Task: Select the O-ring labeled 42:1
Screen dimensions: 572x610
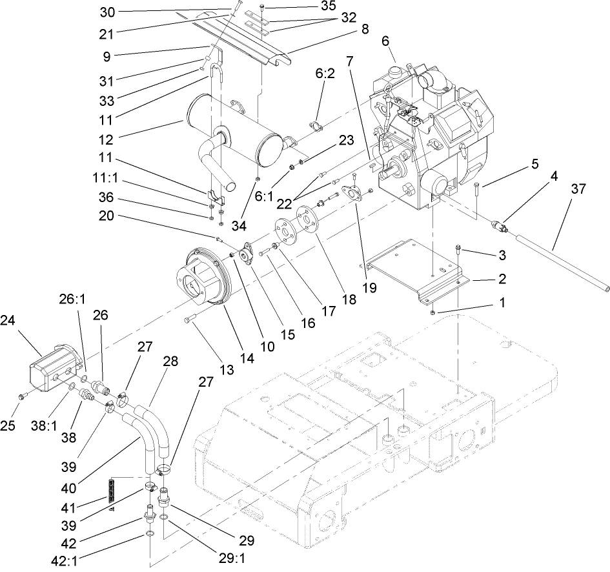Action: pos(149,535)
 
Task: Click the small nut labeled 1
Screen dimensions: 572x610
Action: pos(433,312)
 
